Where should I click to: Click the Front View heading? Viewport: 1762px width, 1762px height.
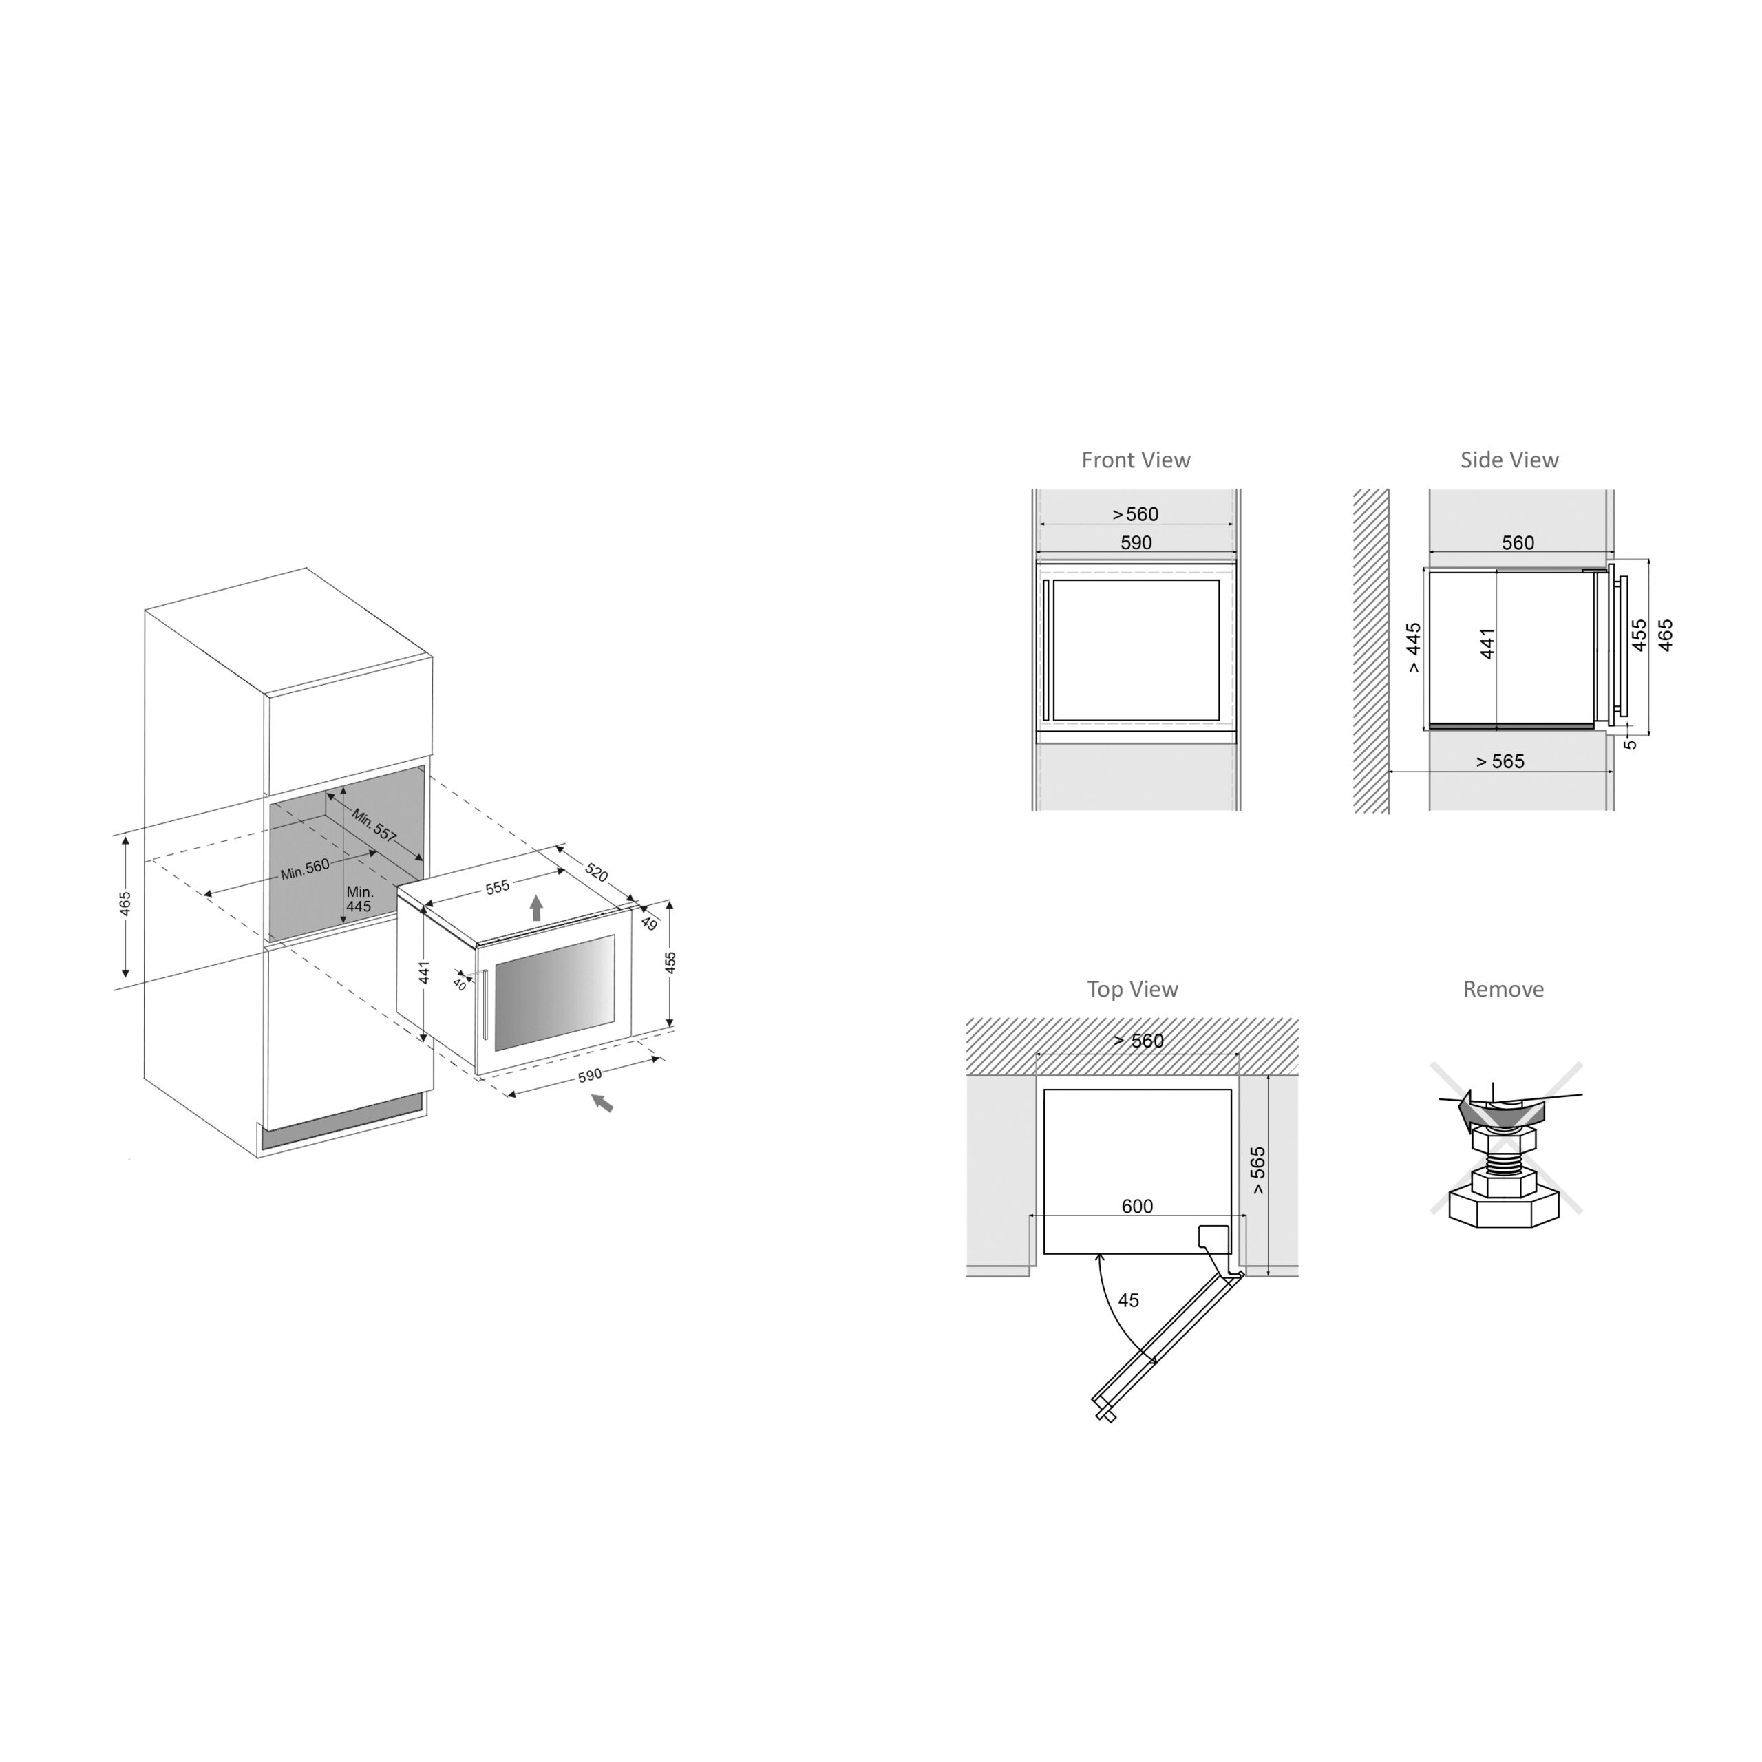(x=1136, y=460)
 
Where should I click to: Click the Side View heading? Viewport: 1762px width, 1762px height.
(x=1509, y=460)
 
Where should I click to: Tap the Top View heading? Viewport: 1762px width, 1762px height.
(x=1133, y=990)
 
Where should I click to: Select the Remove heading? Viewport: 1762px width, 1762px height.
(x=1503, y=990)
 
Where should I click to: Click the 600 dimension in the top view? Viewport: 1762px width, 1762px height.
(x=1137, y=1207)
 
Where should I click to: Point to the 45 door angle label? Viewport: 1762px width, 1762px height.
(x=1128, y=1301)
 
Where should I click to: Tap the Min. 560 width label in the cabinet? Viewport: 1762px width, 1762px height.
(x=305, y=869)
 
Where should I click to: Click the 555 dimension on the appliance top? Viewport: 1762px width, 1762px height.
(x=497, y=887)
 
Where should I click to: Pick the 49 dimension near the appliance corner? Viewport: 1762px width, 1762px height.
(x=649, y=924)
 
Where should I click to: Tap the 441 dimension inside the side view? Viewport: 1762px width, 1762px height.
(x=1487, y=643)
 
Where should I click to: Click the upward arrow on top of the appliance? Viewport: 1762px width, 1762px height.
(x=536, y=907)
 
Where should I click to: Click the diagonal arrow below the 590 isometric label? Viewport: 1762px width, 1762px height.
(x=602, y=1103)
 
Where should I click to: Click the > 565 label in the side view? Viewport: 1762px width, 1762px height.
(x=1500, y=761)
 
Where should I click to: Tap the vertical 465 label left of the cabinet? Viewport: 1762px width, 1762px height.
(x=125, y=903)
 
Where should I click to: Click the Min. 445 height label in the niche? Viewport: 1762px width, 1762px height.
(x=359, y=898)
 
